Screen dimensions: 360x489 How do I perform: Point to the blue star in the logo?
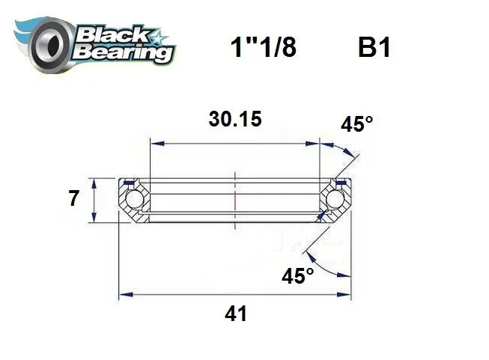158,34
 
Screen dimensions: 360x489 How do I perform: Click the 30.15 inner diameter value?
234,119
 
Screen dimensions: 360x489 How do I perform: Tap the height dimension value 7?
73,199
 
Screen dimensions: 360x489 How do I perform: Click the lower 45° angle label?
297,276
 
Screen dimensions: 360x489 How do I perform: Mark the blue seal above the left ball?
128,183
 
